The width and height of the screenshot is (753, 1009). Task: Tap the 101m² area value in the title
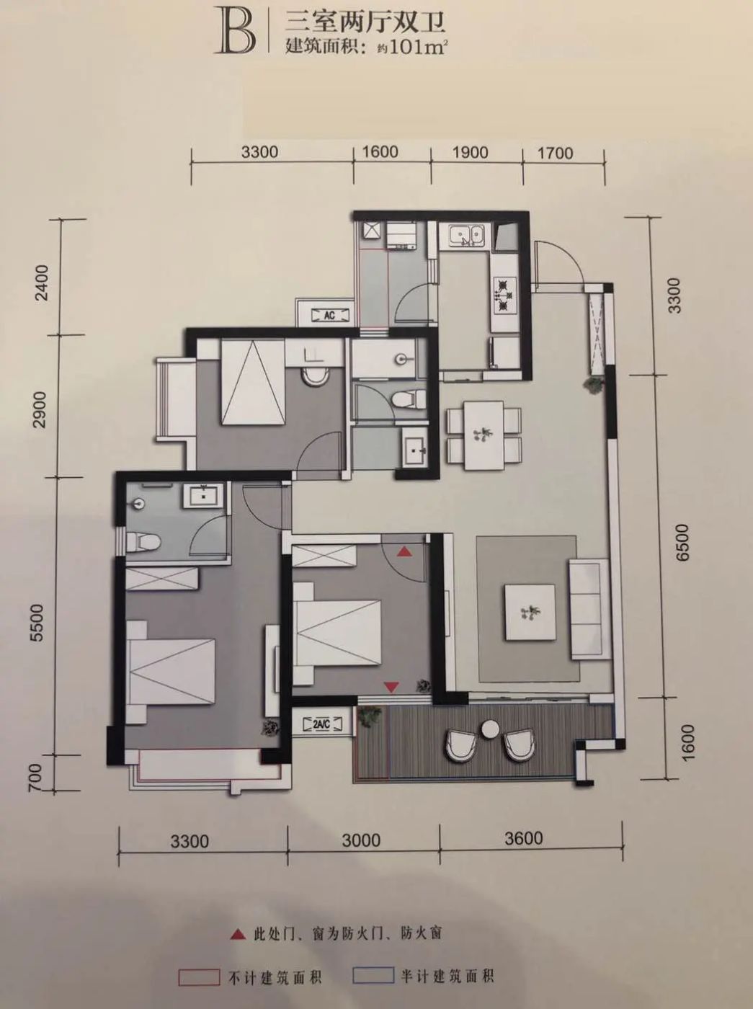click(418, 47)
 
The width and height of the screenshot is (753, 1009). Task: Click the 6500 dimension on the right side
click(684, 542)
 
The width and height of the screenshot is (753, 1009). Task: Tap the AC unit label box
click(329, 315)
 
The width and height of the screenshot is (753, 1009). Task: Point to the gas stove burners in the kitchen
click(504, 293)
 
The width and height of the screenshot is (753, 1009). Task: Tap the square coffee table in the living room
click(530, 611)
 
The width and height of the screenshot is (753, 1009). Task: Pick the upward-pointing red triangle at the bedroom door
click(404, 552)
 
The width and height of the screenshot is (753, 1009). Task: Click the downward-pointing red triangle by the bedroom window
click(391, 688)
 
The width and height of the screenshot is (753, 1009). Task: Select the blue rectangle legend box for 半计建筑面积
click(373, 975)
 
